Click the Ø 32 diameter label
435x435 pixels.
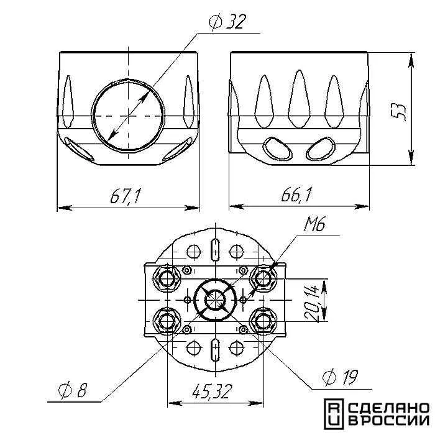[227, 22]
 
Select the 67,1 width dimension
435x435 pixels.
[126, 196]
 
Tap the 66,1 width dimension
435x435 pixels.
[297, 195]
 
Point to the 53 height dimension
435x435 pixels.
[400, 111]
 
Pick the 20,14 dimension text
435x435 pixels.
[311, 303]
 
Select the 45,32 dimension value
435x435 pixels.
[212, 391]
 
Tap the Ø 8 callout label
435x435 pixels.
[73, 390]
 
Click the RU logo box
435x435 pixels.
[334, 414]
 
